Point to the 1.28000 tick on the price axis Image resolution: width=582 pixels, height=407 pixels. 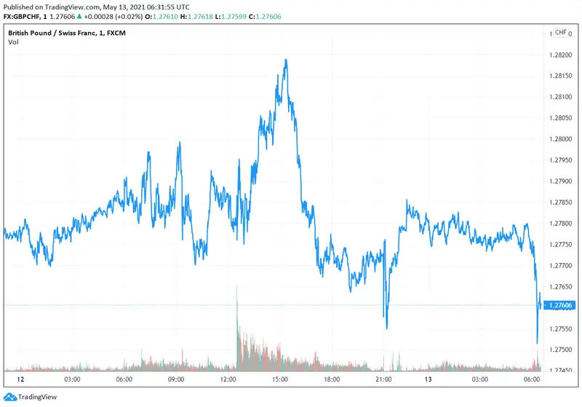[x=563, y=139]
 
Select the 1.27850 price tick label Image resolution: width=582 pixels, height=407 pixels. [x=563, y=202]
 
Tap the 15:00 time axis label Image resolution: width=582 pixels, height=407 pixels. [x=280, y=379]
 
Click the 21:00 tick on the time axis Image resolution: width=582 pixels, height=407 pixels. [x=384, y=379]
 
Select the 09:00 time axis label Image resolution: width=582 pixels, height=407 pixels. [x=175, y=379]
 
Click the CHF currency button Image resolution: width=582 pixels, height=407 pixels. [x=561, y=33]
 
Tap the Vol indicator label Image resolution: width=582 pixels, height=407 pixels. [x=13, y=42]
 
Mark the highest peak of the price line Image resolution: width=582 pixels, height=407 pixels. [x=287, y=60]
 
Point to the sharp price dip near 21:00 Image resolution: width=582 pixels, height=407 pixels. [x=386, y=327]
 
